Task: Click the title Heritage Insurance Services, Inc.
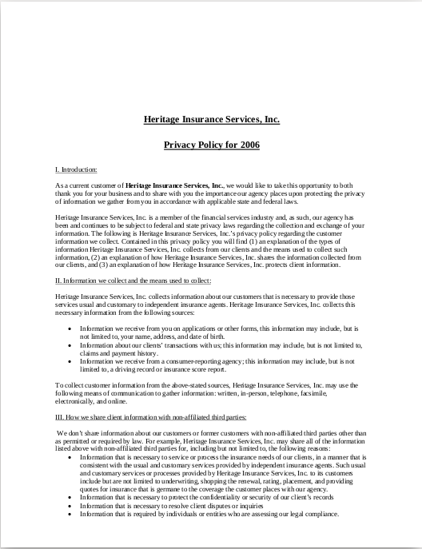coord(211,120)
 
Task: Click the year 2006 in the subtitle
coord(247,145)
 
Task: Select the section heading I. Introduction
coord(76,170)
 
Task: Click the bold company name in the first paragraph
coord(175,185)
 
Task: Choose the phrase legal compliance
coord(314,515)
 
